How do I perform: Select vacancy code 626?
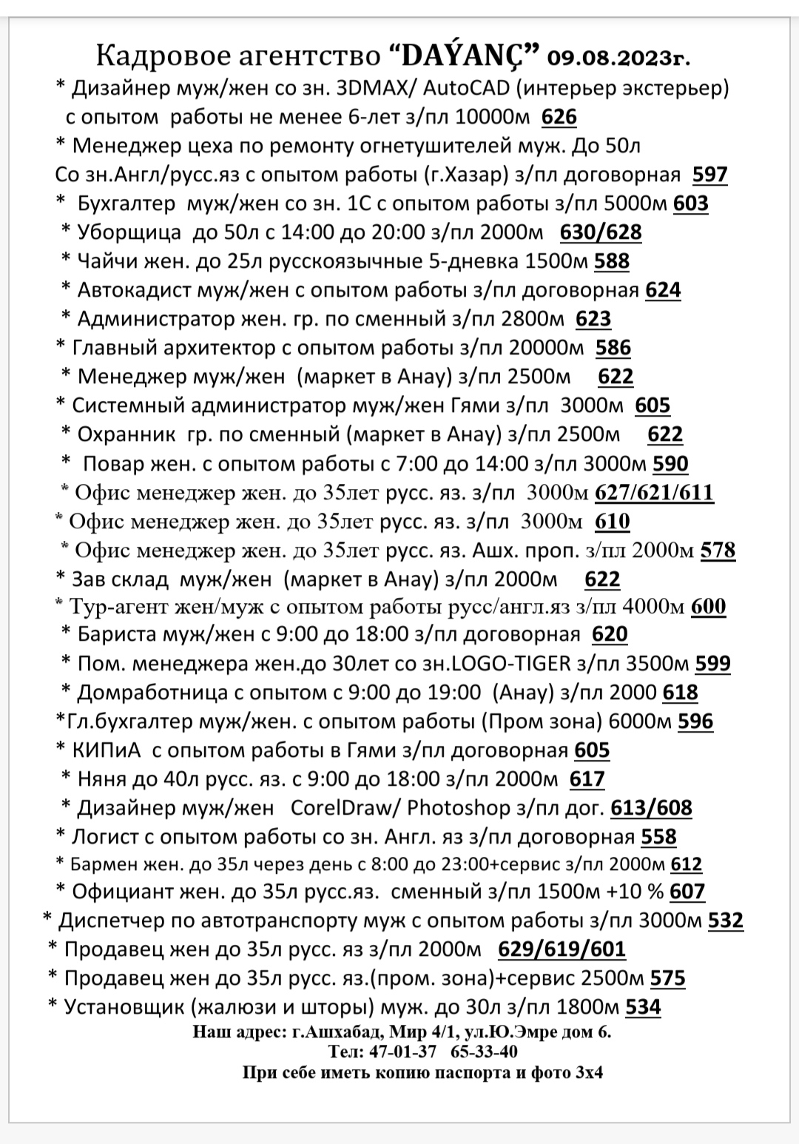pyautogui.click(x=559, y=117)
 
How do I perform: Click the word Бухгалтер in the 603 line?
pyautogui.click(x=127, y=203)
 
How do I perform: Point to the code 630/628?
pyautogui.click(x=600, y=232)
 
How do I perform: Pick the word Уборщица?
pyautogui.click(x=129, y=232)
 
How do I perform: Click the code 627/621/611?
pyautogui.click(x=654, y=493)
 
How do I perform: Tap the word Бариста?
pyautogui.click(x=117, y=635)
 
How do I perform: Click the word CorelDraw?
pyautogui.click(x=339, y=808)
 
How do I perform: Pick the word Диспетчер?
pyautogui.click(x=108, y=921)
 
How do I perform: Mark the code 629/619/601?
pyautogui.click(x=562, y=949)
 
